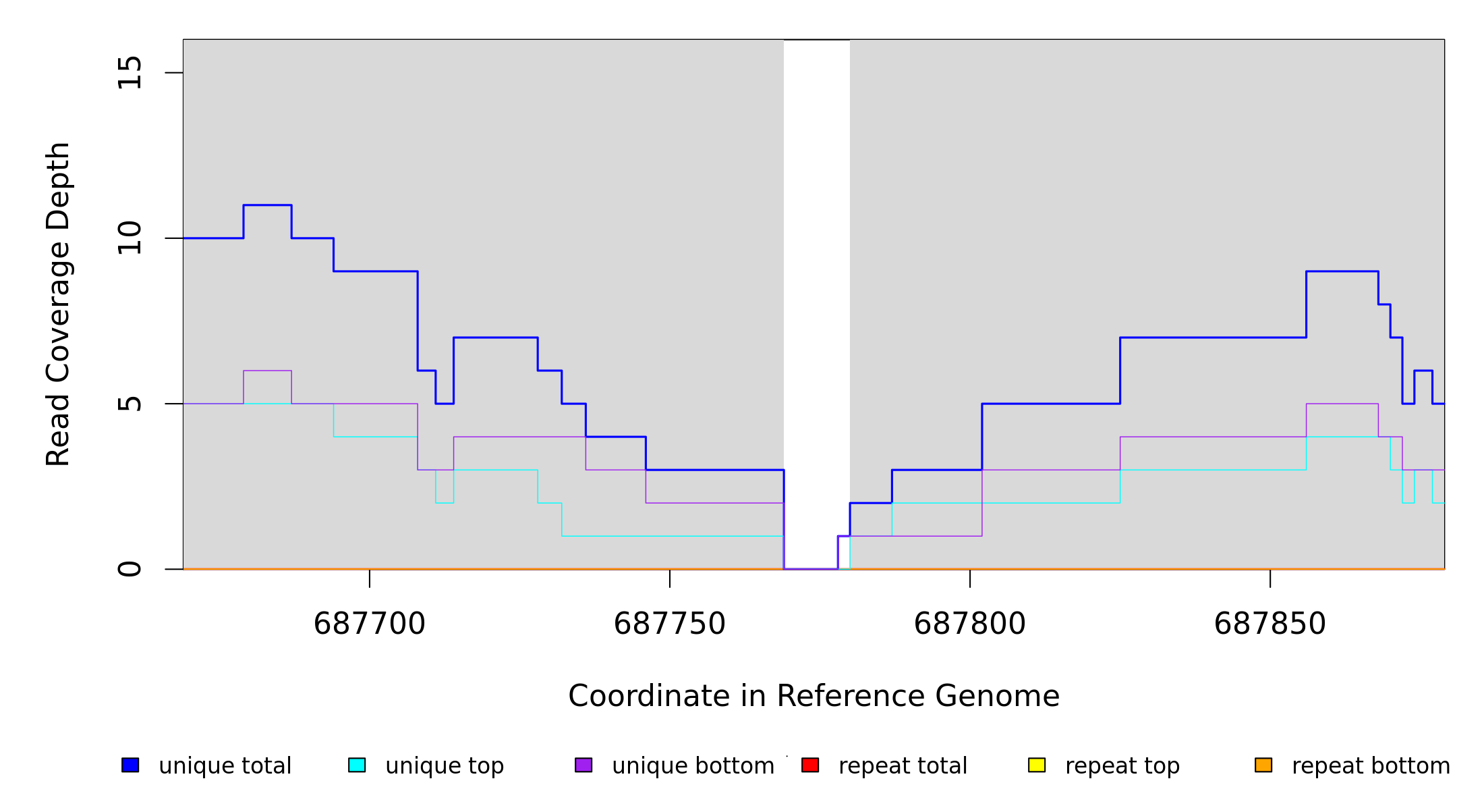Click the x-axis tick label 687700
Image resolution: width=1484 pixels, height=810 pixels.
coord(370,624)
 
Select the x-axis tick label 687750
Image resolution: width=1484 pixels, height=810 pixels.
coord(670,624)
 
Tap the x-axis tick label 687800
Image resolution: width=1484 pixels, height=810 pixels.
coord(970,624)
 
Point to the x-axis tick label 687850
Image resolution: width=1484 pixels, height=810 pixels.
coord(1270,624)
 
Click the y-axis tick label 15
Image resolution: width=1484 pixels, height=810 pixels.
coord(130,73)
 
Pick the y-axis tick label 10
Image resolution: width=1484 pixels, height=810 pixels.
coord(130,238)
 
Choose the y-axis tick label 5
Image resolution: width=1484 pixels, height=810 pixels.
coord(130,404)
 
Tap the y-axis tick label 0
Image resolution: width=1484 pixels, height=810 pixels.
coord(130,569)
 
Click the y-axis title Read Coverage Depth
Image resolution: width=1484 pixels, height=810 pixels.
coord(58,304)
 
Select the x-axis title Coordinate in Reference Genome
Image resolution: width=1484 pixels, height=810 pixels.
coord(814,697)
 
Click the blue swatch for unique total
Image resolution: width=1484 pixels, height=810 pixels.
coord(130,765)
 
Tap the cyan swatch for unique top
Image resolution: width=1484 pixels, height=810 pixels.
coord(357,765)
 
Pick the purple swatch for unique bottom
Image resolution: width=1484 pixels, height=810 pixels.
coord(583,765)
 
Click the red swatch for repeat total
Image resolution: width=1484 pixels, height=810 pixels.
coord(810,765)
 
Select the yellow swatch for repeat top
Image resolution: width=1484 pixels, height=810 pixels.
coord(1037,765)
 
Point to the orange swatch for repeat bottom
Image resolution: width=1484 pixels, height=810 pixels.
coord(1263,765)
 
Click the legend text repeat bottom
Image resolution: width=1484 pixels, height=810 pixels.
coord(1371,766)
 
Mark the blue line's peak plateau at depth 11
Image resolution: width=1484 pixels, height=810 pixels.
coord(267,205)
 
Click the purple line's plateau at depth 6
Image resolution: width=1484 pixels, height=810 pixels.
coord(267,371)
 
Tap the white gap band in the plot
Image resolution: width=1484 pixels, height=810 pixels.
coord(816,270)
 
